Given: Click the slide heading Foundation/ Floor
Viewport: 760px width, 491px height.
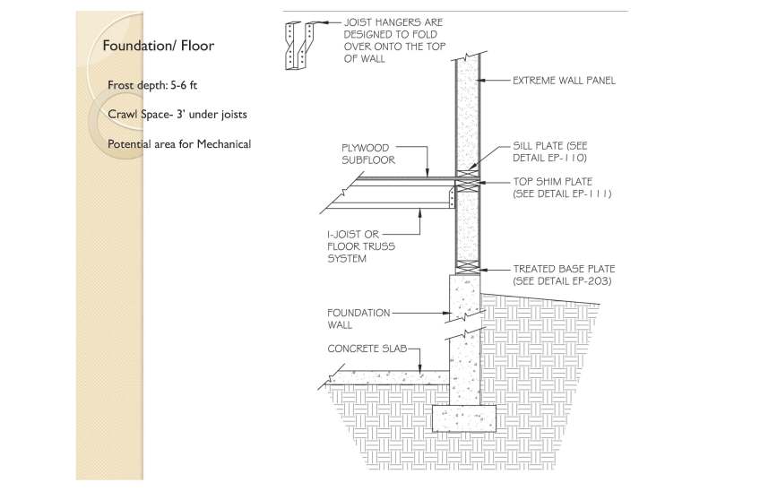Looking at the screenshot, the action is click(x=158, y=46).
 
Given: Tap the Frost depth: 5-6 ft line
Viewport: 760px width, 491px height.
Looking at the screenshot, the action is click(x=152, y=85).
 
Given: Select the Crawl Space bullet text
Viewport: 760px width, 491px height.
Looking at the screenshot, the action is click(x=177, y=115).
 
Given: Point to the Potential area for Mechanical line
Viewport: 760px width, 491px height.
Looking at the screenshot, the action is click(x=179, y=144).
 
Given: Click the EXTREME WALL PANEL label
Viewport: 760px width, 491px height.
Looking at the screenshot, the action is click(x=565, y=81).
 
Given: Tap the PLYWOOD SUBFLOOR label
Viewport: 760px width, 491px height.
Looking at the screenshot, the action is click(x=368, y=154).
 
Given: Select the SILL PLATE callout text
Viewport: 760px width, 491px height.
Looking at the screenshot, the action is click(x=550, y=151).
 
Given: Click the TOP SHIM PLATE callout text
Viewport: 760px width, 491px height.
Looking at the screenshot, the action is click(x=562, y=187).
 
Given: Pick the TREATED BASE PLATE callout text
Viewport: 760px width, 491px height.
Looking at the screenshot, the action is click(x=564, y=275).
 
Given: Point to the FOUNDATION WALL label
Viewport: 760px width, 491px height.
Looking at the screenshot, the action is click(x=358, y=319).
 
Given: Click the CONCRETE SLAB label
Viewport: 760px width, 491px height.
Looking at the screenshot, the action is click(x=367, y=349).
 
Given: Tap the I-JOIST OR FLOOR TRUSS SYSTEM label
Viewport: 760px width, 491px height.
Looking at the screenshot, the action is click(x=361, y=246).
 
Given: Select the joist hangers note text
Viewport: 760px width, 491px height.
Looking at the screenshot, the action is click(x=394, y=40).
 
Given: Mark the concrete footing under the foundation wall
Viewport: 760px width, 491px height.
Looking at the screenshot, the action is click(x=464, y=418).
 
